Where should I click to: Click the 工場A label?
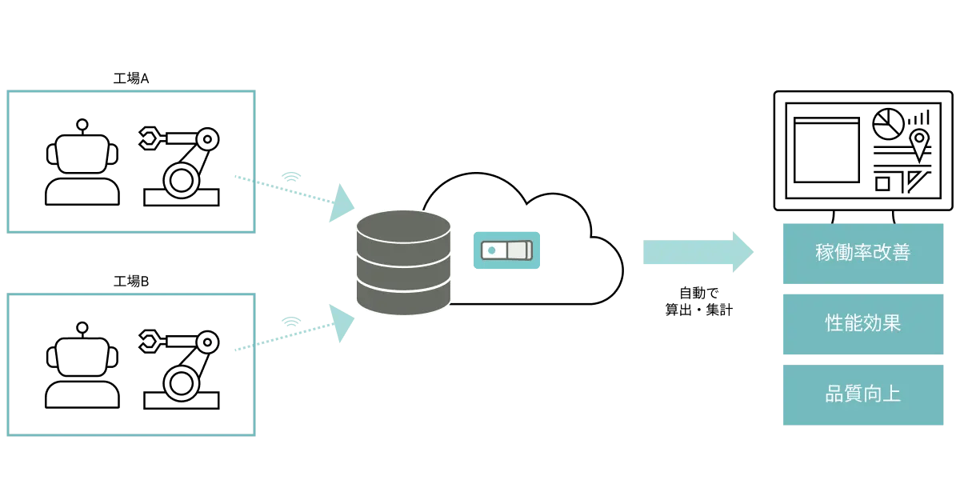click(131, 78)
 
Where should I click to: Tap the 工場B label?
click(131, 282)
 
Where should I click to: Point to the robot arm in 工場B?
click(181, 368)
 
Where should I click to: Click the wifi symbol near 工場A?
click(292, 175)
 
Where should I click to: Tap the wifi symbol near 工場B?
click(292, 322)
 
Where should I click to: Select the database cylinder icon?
click(403, 262)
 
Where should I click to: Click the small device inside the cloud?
click(506, 250)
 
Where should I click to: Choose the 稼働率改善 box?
click(863, 254)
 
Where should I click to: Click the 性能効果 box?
click(863, 324)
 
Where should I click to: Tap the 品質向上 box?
click(863, 394)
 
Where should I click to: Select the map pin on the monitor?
click(920, 143)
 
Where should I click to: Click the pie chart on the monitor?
click(887, 124)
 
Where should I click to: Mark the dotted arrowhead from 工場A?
click(345, 203)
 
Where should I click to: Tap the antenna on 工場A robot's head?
click(82, 125)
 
